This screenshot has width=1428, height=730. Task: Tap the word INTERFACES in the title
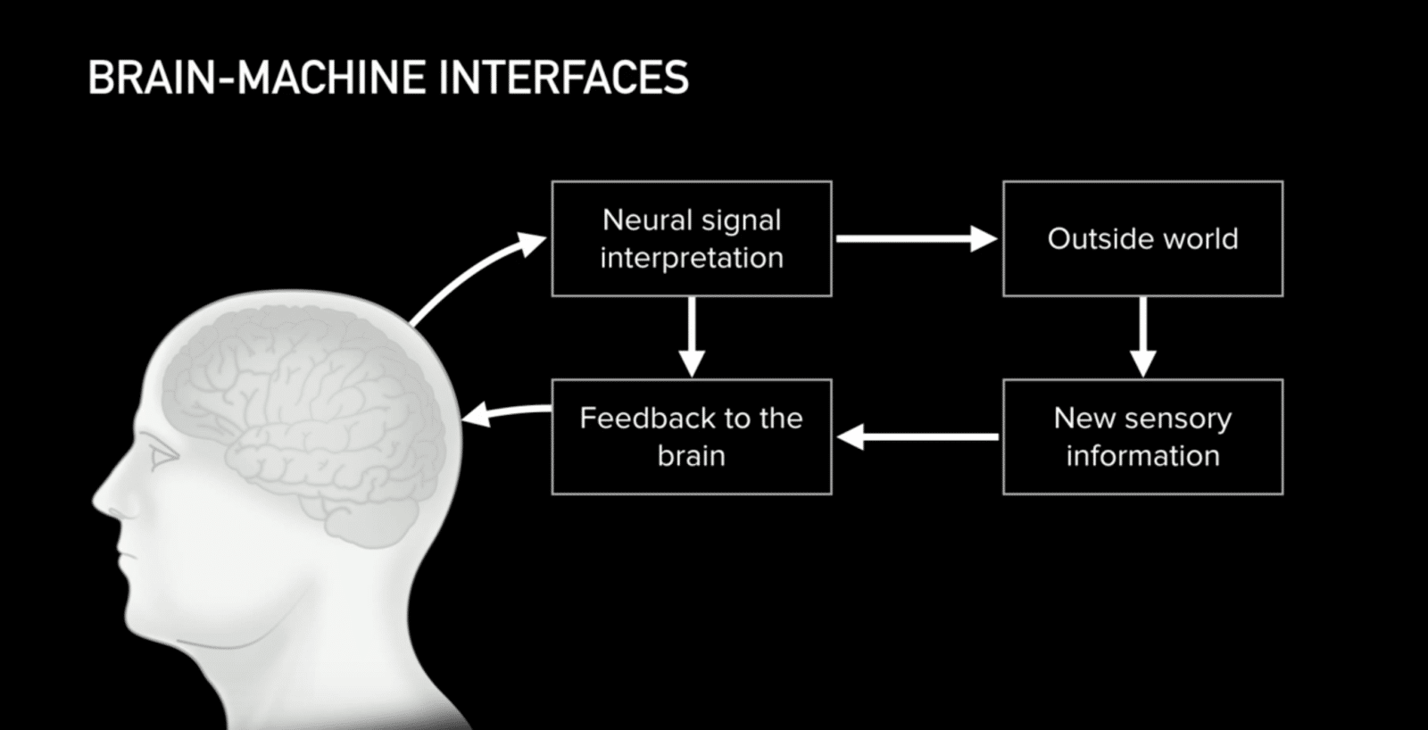pyautogui.click(x=563, y=78)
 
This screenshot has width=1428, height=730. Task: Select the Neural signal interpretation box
pyautogui.click(x=692, y=239)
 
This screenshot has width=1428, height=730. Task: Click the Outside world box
pyautogui.click(x=1142, y=239)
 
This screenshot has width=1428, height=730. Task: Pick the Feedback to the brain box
pyautogui.click(x=692, y=436)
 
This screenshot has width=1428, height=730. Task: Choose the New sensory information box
pyautogui.click(x=1142, y=436)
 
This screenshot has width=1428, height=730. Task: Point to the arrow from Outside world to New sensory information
pyautogui.click(x=1142, y=337)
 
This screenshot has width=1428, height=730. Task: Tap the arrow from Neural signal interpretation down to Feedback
pyautogui.click(x=692, y=337)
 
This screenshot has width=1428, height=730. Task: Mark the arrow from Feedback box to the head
pyautogui.click(x=505, y=411)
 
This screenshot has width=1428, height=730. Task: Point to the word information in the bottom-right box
pyautogui.click(x=1142, y=456)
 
